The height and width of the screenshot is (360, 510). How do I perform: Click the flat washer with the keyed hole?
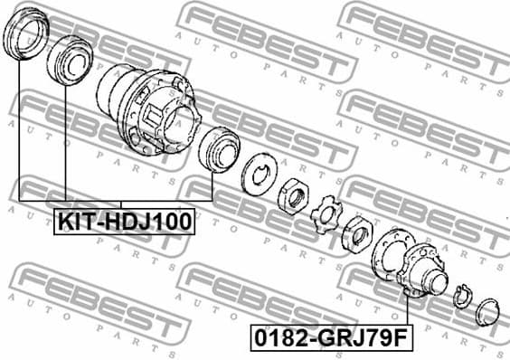[260, 175]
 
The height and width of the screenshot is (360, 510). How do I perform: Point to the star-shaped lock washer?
[323, 217]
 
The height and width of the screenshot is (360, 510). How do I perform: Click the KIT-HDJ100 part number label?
[125, 222]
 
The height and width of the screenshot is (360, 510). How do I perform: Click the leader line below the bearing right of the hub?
[212, 185]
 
